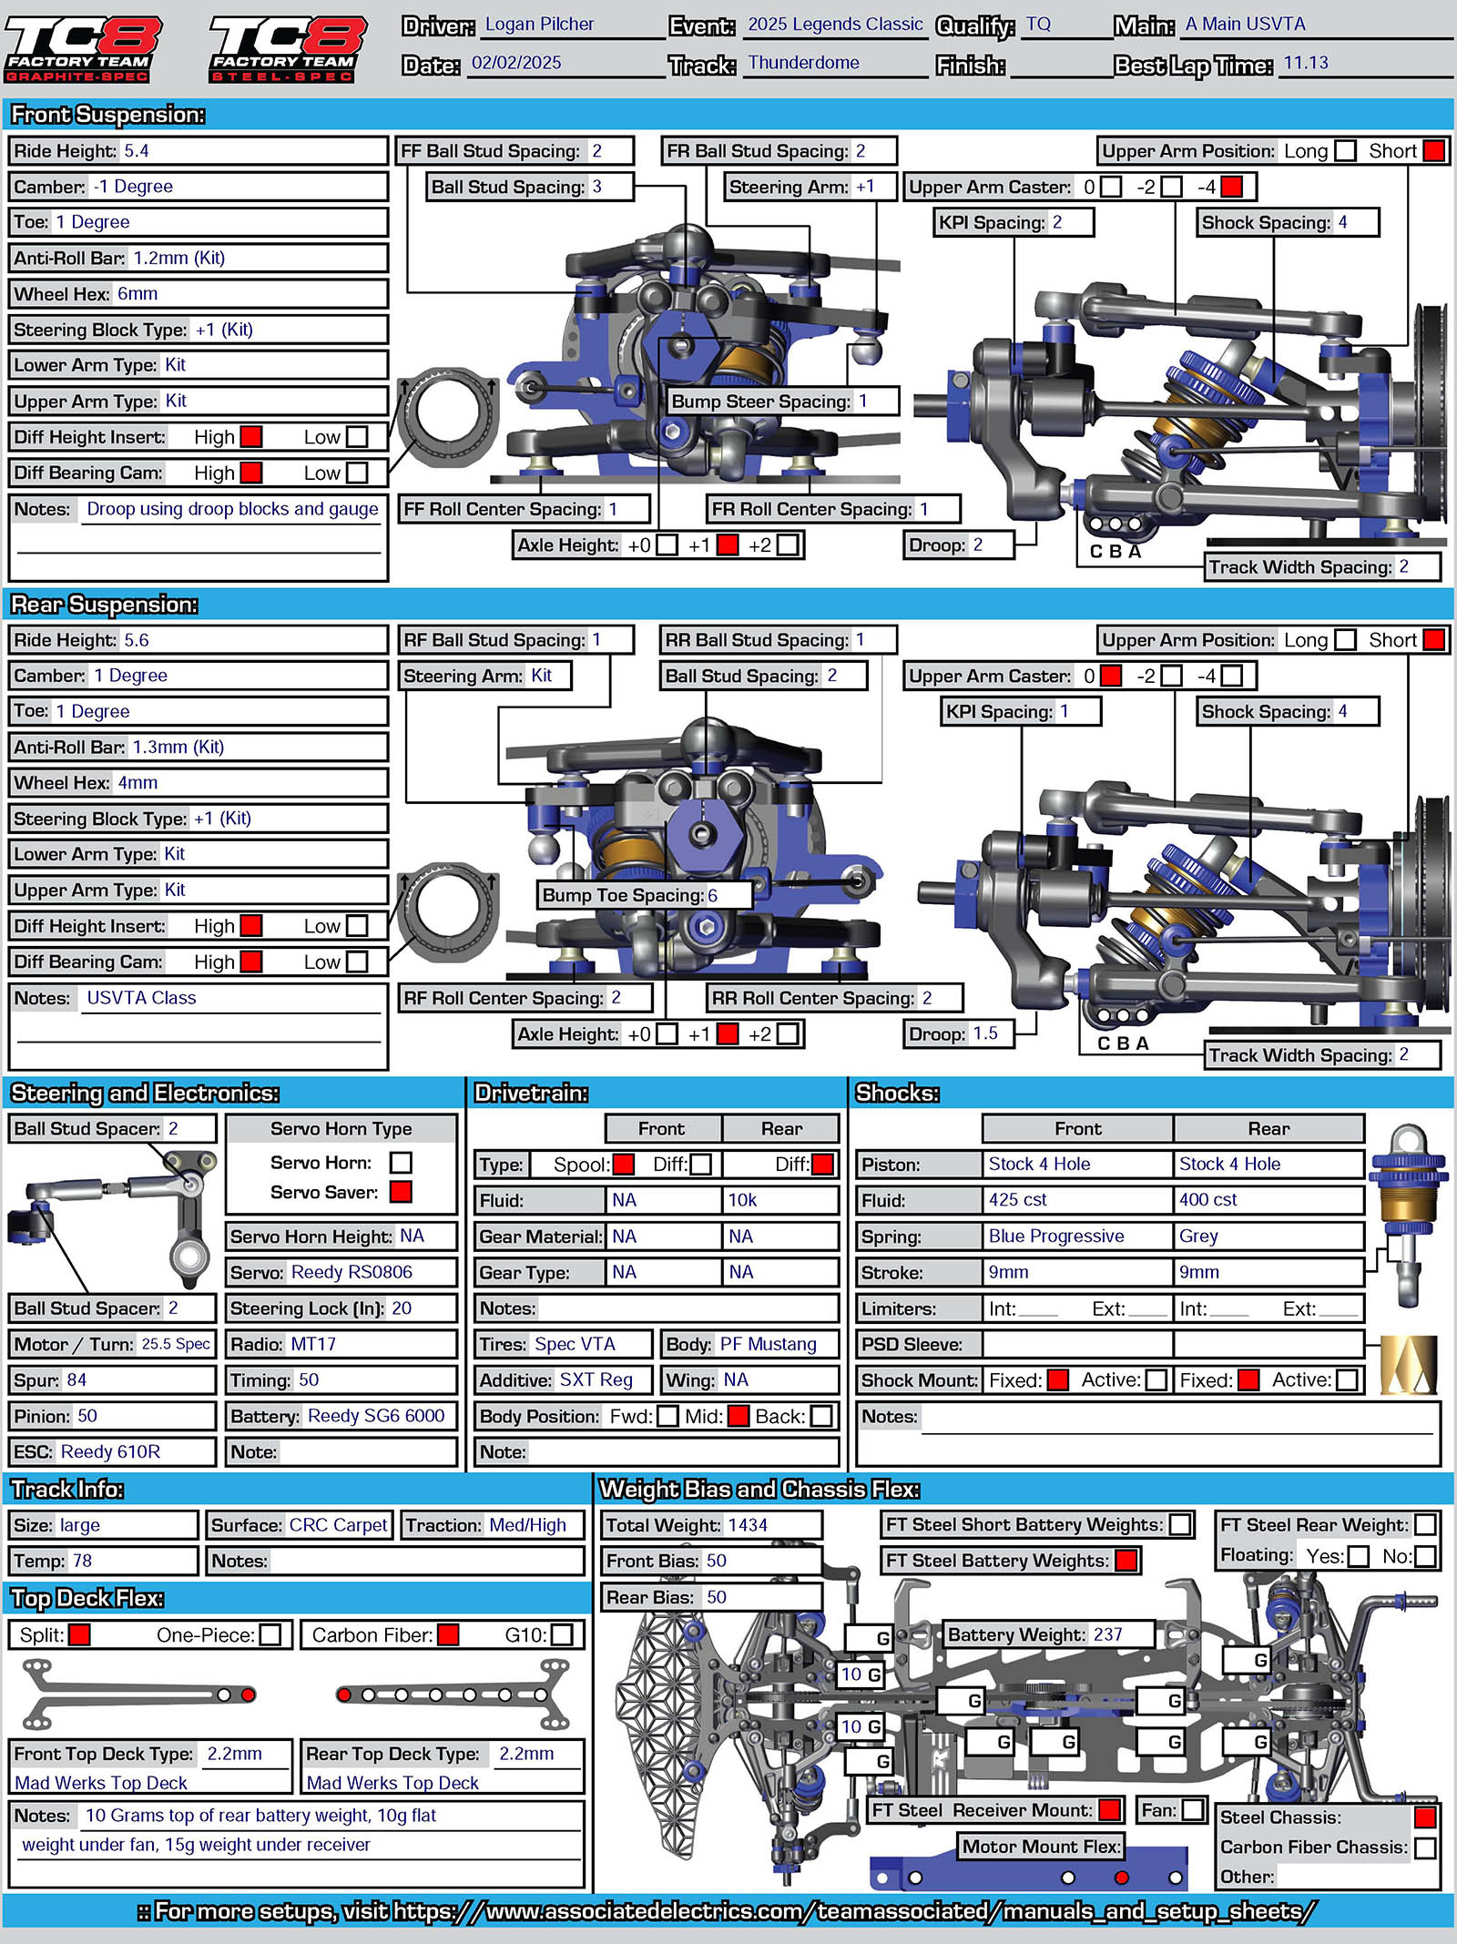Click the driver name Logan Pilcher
[x=539, y=25]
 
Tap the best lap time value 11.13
[x=1306, y=63]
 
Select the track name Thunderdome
[x=803, y=63]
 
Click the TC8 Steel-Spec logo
[x=287, y=48]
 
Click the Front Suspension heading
[x=107, y=115]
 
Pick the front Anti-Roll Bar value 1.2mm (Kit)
[x=178, y=259]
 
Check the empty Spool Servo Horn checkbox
[x=401, y=1163]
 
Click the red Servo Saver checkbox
[x=401, y=1192]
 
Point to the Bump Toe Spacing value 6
[x=713, y=896]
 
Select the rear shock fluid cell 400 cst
[x=1207, y=1200]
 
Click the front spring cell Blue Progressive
[x=1056, y=1237]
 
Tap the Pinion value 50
[x=87, y=1416]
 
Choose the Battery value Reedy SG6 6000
[x=376, y=1416]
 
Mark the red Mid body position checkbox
[x=739, y=1417]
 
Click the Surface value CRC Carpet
[x=338, y=1525]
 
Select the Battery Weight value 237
[x=1107, y=1635]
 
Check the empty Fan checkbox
[x=1193, y=1810]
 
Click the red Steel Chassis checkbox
[x=1425, y=1818]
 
